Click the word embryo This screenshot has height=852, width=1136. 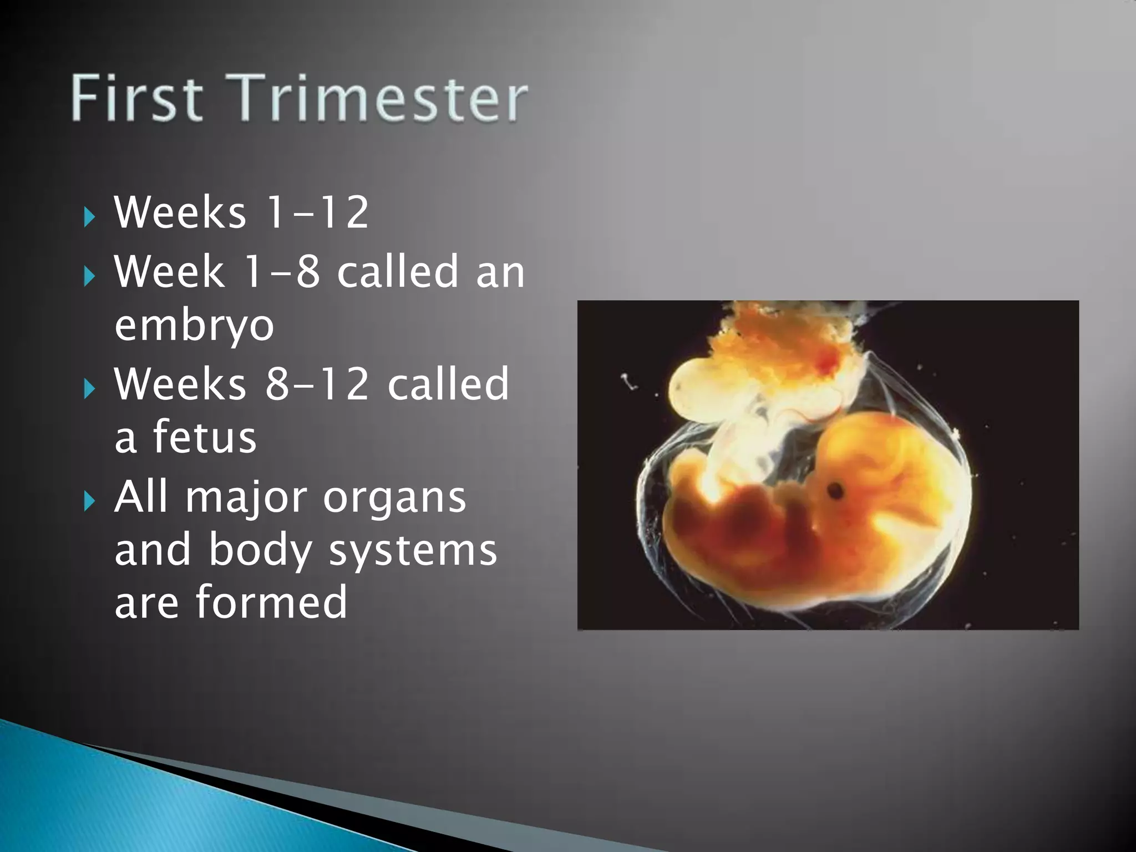tap(194, 326)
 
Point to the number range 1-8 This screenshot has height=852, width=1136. tap(282, 271)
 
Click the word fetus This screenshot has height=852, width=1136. tap(204, 437)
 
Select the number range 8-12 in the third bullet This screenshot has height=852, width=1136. tap(316, 383)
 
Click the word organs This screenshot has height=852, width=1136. tap(394, 498)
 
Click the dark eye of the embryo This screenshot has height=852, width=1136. tap(835, 490)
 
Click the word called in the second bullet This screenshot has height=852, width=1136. tap(398, 271)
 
